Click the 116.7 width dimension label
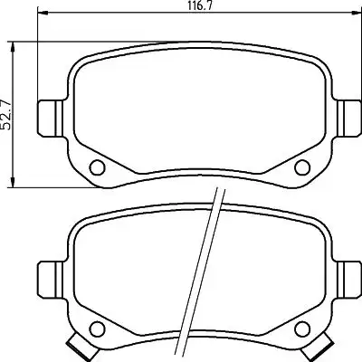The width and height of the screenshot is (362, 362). coord(199,5)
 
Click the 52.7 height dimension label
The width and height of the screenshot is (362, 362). coord(6,115)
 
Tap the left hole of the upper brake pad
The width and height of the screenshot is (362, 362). coord(98,167)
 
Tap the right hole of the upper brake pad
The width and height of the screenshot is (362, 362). coord(302,167)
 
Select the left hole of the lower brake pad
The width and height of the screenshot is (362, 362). coord(98,328)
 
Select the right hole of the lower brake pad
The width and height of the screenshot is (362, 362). coord(302,328)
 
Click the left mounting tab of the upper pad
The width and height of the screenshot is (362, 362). coord(51,118)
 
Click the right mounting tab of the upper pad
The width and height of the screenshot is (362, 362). coord(349,118)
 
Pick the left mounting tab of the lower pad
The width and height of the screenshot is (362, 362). coord(51,279)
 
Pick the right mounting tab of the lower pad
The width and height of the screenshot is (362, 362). coord(349,279)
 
